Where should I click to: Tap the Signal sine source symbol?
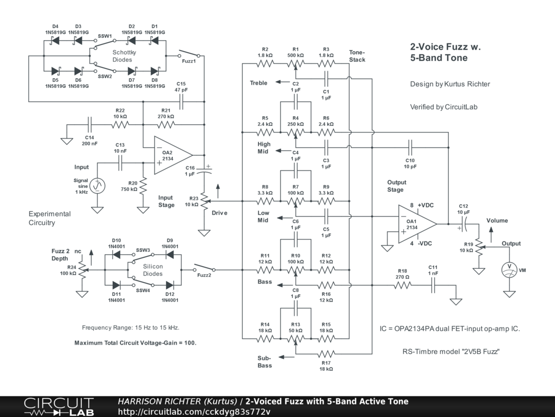(x=98, y=186)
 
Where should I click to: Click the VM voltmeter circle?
(x=509, y=270)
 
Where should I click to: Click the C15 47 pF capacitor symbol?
(x=181, y=102)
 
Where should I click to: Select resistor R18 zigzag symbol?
(x=403, y=285)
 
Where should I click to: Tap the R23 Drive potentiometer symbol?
(x=204, y=201)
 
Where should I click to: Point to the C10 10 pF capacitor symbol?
(x=410, y=148)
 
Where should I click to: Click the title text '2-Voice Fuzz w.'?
(x=446, y=47)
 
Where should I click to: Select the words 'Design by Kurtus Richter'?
(x=450, y=84)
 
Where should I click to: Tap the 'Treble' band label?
(x=259, y=83)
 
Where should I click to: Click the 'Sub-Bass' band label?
(x=264, y=362)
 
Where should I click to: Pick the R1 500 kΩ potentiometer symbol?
(x=295, y=65)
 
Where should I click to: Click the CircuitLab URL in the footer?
(x=194, y=412)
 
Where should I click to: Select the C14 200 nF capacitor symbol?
(x=89, y=125)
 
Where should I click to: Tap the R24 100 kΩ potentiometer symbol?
(x=82, y=270)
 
